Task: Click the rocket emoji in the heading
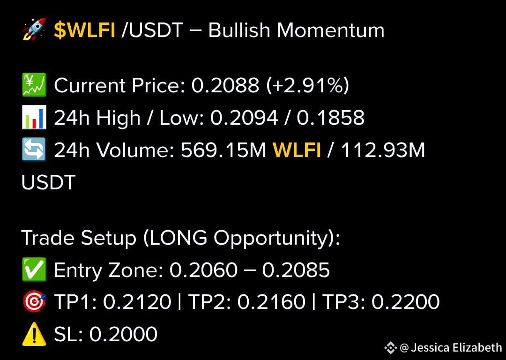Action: pos(34,30)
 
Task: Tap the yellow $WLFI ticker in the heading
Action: pos(85,30)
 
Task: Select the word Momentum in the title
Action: pos(330,30)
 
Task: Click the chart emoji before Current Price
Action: pos(34,85)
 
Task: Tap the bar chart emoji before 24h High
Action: pos(34,118)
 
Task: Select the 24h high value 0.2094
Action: pos(244,118)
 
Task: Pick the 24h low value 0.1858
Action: pos(331,118)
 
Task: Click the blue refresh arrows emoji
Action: pos(34,150)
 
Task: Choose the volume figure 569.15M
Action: pos(223,150)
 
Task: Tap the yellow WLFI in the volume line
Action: pos(297,150)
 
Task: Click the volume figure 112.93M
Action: pos(383,150)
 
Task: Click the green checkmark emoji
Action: pos(34,270)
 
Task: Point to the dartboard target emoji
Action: pos(34,302)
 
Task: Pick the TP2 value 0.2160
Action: pos(271,302)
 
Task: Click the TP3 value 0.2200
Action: pos(406,302)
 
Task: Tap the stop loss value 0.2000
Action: pos(123,334)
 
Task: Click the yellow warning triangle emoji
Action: pos(34,334)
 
